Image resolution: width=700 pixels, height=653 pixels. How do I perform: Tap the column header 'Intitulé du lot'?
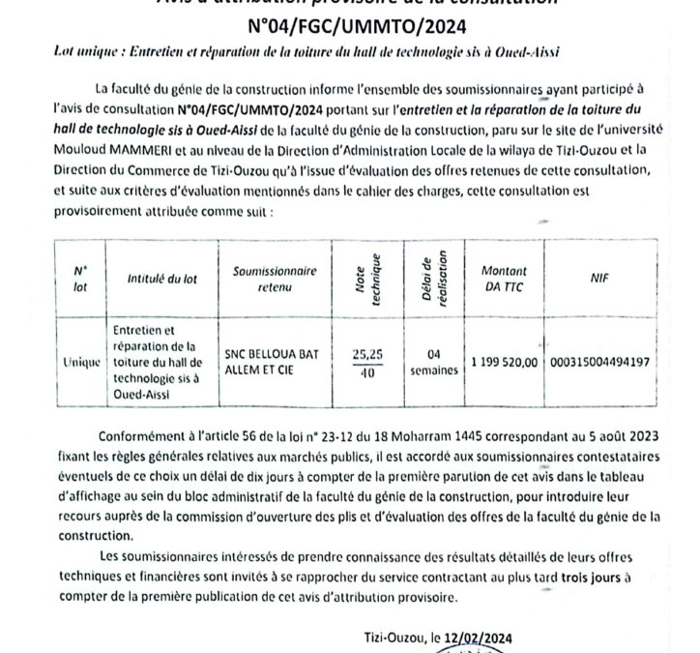[162, 279]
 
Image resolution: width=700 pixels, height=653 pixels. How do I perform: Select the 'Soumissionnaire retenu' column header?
[276, 280]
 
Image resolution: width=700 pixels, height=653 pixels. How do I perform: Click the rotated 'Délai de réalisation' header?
[432, 278]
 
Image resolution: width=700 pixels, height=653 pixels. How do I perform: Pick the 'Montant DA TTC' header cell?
[503, 280]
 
